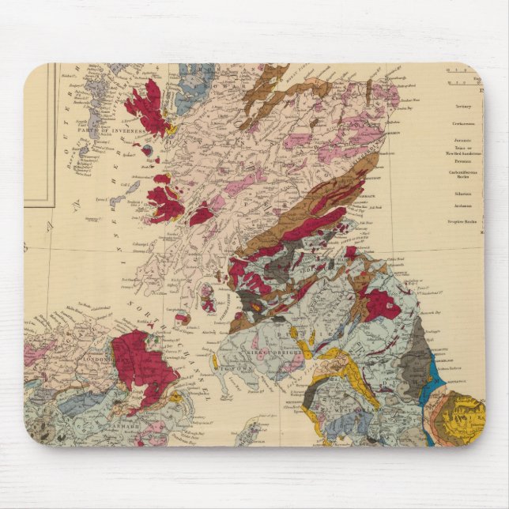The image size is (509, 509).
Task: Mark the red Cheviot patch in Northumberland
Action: click(x=381, y=304)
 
